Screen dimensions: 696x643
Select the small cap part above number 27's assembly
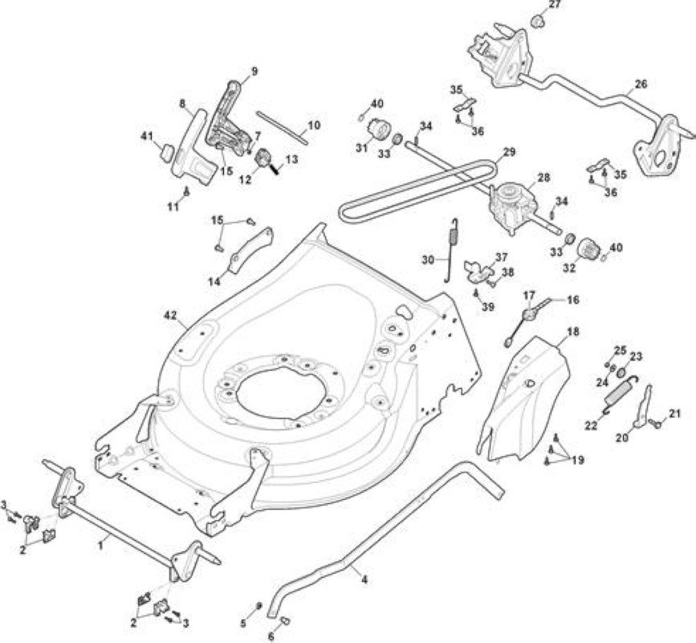(x=538, y=20)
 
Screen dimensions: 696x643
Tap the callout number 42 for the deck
(x=170, y=316)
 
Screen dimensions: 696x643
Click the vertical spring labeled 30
(x=453, y=250)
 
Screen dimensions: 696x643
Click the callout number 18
(x=572, y=332)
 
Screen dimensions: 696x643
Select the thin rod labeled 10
(x=282, y=127)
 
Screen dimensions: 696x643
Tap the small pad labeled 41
(x=166, y=154)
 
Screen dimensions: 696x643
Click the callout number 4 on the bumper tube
(x=364, y=580)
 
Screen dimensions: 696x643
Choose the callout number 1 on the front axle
(x=101, y=544)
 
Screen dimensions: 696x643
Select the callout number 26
(x=641, y=84)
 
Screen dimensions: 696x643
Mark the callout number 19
(x=577, y=460)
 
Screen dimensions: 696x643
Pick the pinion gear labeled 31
(x=380, y=129)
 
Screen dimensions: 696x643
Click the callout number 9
(x=254, y=71)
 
